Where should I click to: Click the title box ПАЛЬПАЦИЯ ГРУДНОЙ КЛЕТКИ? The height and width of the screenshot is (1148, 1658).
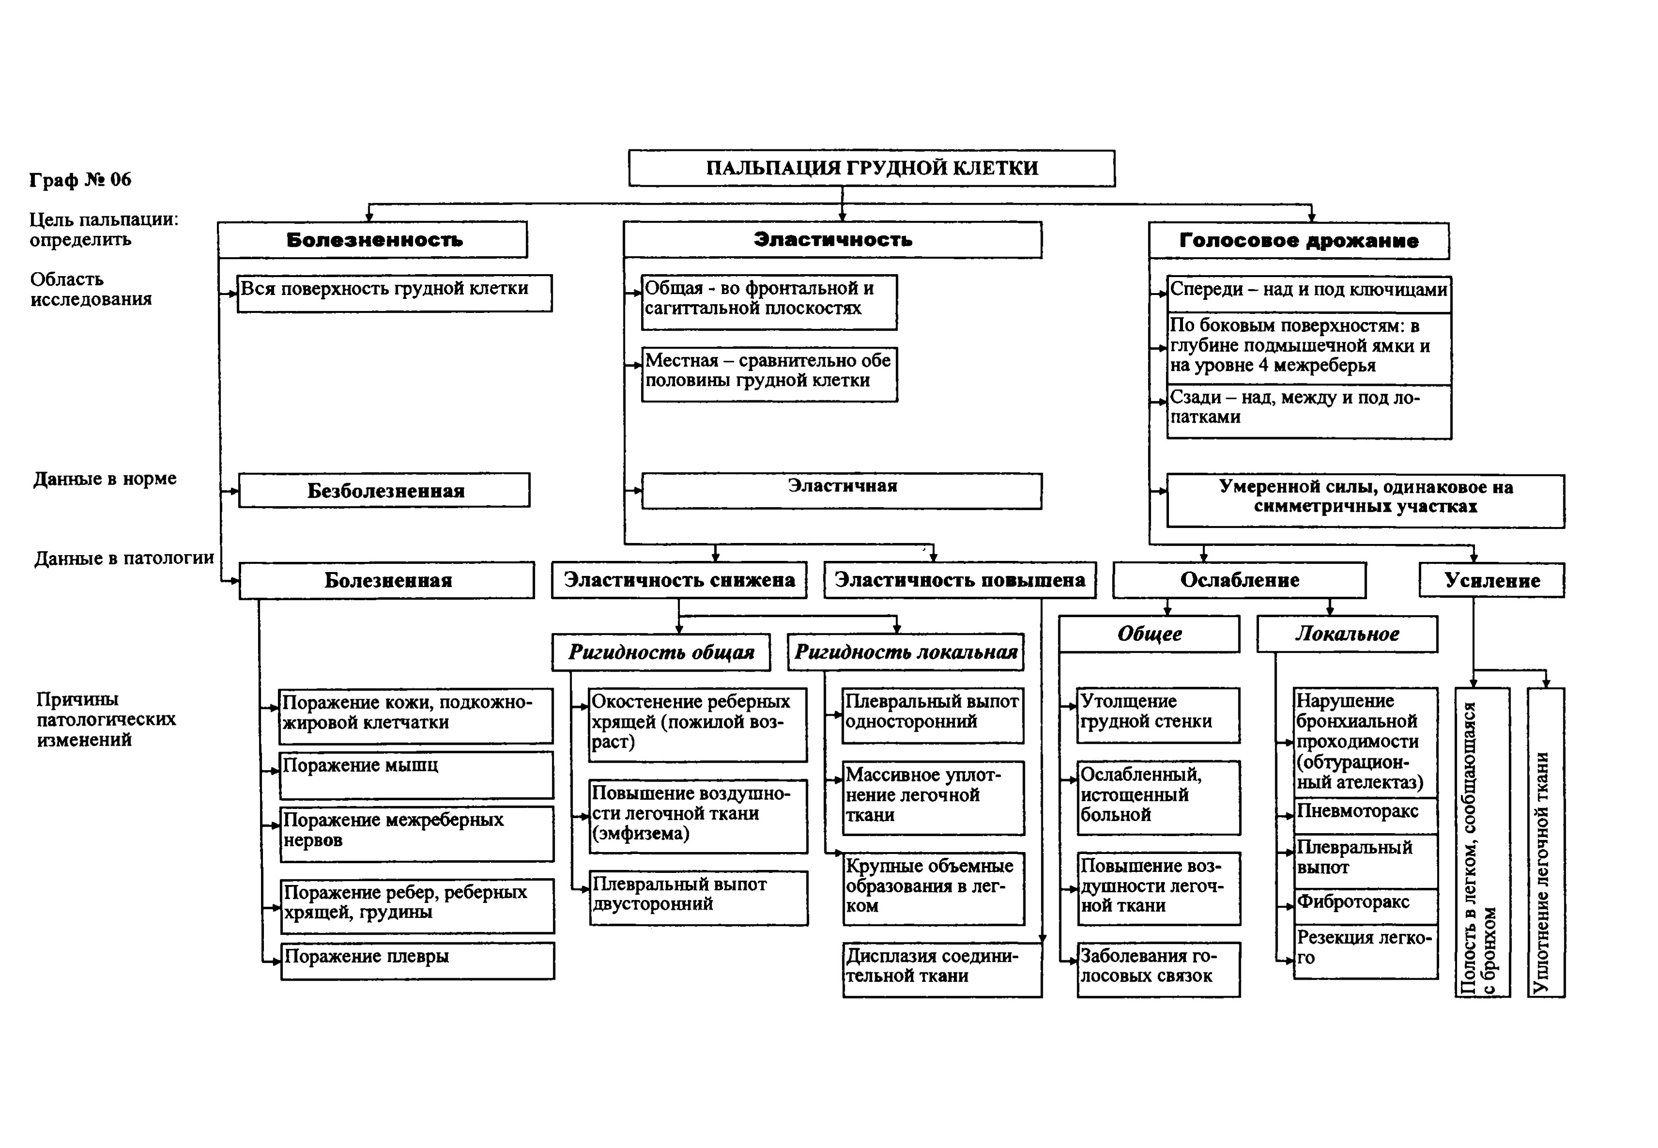(872, 168)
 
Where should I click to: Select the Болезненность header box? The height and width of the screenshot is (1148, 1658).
(373, 240)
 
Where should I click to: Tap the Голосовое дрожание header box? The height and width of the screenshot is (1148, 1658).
(1298, 240)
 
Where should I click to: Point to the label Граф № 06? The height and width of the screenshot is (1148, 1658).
(81, 179)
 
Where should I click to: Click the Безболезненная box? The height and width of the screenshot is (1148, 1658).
(384, 491)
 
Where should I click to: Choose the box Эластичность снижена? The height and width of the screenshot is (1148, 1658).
(679, 580)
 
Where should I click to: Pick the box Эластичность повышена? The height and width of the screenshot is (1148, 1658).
(960, 580)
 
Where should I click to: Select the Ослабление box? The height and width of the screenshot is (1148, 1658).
(1239, 580)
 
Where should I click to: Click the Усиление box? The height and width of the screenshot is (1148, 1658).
(1492, 580)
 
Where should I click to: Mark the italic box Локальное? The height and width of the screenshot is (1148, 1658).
(1347, 634)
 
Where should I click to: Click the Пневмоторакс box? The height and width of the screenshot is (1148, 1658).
(1366, 816)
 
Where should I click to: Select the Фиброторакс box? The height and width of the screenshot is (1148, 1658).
(1366, 906)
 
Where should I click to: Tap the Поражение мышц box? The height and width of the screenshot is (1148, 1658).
(416, 775)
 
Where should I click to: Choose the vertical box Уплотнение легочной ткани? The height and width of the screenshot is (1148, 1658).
(1546, 842)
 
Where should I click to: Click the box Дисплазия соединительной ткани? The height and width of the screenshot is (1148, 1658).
(942, 969)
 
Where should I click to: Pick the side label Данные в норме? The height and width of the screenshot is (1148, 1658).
(105, 478)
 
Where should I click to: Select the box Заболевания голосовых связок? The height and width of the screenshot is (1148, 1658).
(1159, 969)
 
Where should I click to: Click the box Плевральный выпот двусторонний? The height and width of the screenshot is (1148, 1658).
(698, 898)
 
